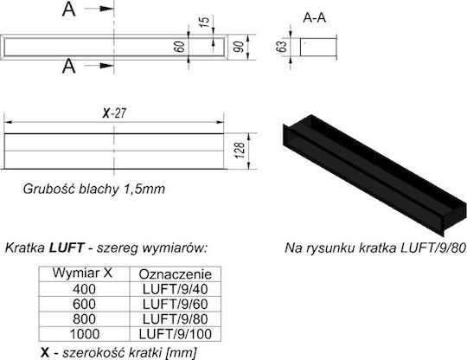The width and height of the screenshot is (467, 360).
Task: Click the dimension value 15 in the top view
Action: (x=204, y=22)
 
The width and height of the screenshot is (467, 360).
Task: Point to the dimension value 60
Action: (x=179, y=47)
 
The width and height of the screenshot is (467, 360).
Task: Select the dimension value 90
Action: (x=239, y=47)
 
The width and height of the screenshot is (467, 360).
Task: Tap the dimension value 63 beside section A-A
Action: (x=281, y=47)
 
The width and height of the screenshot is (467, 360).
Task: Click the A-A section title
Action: (x=315, y=18)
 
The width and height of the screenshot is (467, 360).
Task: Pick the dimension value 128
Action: (x=240, y=151)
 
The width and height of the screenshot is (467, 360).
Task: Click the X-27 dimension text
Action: (x=114, y=113)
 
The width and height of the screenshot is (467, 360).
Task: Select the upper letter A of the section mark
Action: (x=69, y=9)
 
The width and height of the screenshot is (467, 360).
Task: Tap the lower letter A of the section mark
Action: (x=69, y=66)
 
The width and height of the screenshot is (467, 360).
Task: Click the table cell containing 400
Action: (x=84, y=289)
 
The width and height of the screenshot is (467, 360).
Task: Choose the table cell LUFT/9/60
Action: (x=175, y=304)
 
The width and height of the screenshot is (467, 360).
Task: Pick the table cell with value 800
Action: (x=84, y=318)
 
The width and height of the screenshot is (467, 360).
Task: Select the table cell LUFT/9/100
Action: (x=175, y=334)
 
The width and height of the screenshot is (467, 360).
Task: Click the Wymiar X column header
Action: (x=82, y=273)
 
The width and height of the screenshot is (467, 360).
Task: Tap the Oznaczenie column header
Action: (x=175, y=274)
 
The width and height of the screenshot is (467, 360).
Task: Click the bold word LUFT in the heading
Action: (x=67, y=247)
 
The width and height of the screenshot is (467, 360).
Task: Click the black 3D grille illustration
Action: (x=374, y=174)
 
